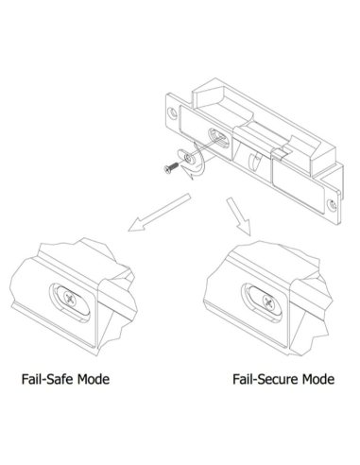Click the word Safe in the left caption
click(x=68, y=381)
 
